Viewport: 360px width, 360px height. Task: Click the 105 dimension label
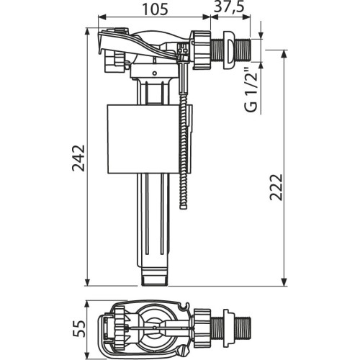[x=156, y=9]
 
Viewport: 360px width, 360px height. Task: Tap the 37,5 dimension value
[x=229, y=6]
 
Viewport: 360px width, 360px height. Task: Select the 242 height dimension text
[x=78, y=158]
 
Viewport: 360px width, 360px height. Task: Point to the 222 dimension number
[x=276, y=187]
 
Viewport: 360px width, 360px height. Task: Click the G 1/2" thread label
[x=251, y=91]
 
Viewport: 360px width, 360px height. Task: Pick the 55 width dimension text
[x=78, y=328]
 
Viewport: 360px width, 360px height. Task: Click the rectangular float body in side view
[x=143, y=139]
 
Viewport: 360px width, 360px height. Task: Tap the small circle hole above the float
[x=155, y=73]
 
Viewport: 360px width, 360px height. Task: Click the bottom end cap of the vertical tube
[x=154, y=281]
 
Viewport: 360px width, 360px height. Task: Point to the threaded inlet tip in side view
[x=243, y=50]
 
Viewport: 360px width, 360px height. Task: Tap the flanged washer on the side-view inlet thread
[x=229, y=50]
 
